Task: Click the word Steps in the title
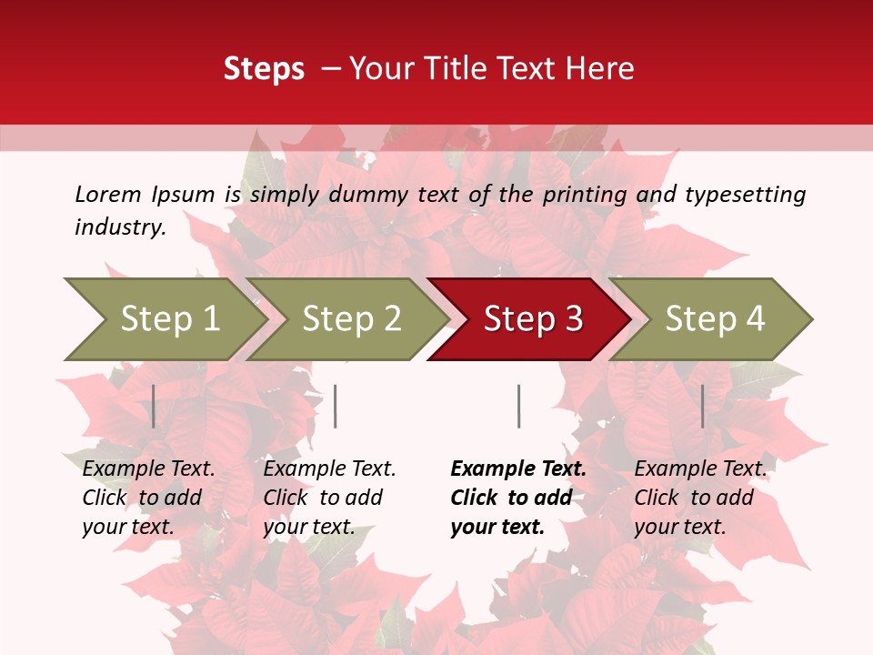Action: (x=264, y=69)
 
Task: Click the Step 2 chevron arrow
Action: (x=350, y=319)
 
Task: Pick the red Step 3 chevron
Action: (x=532, y=319)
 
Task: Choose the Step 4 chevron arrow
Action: (x=714, y=319)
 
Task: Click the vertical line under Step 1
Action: (x=154, y=406)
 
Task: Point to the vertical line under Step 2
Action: (x=336, y=406)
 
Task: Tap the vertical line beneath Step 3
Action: (x=518, y=406)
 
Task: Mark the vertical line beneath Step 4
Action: (x=702, y=406)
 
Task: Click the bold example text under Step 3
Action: (x=517, y=498)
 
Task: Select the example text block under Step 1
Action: (x=147, y=498)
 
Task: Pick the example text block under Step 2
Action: (x=328, y=498)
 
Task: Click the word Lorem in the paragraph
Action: (x=107, y=195)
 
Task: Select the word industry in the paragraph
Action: (x=119, y=227)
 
